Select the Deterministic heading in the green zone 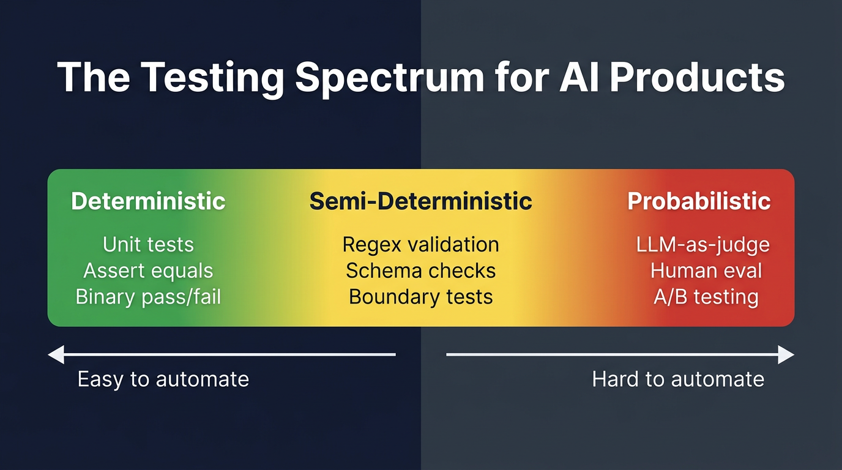tap(148, 201)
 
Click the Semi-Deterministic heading tap(420, 201)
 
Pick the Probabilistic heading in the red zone tap(699, 201)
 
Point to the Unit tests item tap(148, 245)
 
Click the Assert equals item tap(148, 270)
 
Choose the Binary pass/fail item tap(148, 297)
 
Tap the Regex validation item tap(420, 245)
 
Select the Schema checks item tap(420, 270)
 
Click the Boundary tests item tap(420, 297)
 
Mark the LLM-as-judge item tap(702, 245)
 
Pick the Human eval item tap(706, 270)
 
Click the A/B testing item tap(706, 297)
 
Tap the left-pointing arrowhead tap(56, 354)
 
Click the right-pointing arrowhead tap(786, 354)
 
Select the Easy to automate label tap(163, 379)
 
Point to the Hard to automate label tap(678, 379)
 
